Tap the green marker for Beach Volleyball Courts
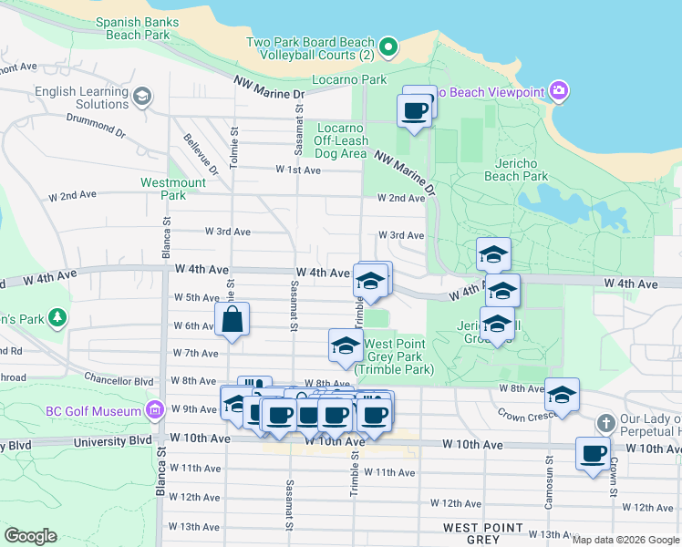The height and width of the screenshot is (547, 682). [388, 46]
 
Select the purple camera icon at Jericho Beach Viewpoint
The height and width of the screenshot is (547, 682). [559, 91]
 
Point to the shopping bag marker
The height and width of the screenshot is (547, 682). [232, 320]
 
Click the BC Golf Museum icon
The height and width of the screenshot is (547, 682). [154, 411]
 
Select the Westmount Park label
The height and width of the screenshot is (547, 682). [173, 189]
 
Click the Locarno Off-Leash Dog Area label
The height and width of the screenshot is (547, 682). [342, 140]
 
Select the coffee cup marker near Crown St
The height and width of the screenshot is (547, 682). [593, 453]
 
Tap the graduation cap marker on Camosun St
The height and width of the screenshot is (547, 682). [563, 395]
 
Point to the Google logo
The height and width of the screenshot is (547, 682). [30, 536]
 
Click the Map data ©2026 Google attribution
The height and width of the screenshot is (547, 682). [625, 540]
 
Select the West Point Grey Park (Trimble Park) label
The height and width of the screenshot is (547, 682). [398, 356]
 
